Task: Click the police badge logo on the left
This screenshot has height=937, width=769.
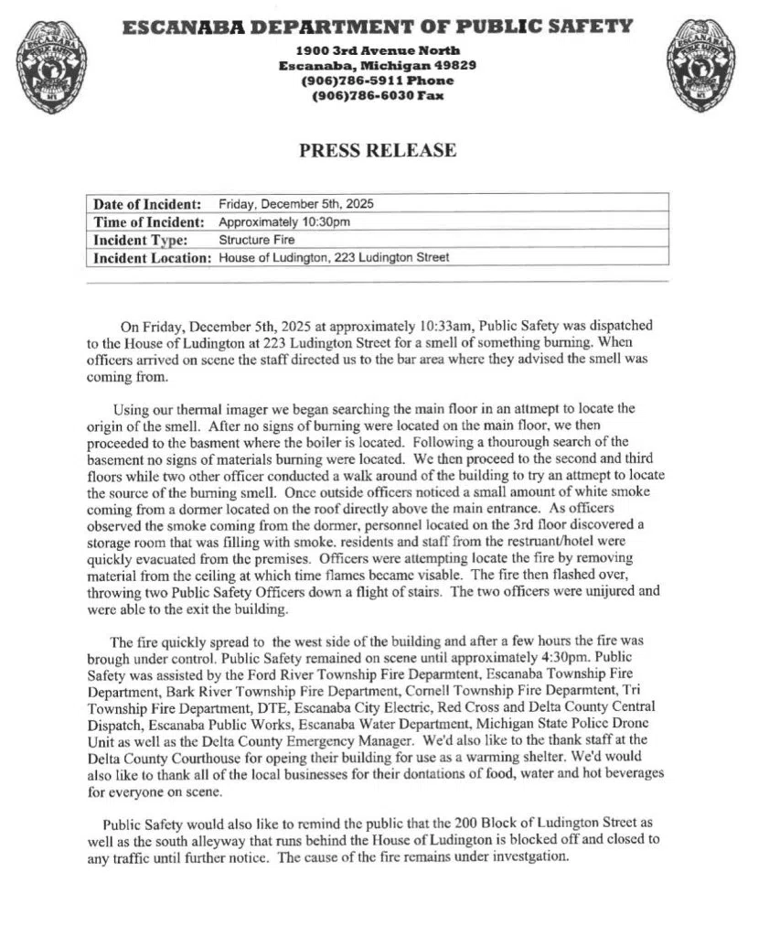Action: click(x=52, y=66)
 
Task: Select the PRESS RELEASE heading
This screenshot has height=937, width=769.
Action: click(x=378, y=151)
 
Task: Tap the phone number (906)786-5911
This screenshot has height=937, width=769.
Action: click(x=353, y=81)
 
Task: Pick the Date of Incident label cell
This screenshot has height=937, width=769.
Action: click(x=147, y=203)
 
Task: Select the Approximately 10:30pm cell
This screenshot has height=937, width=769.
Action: click(x=284, y=221)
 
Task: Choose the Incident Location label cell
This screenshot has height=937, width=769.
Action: click(x=152, y=258)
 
